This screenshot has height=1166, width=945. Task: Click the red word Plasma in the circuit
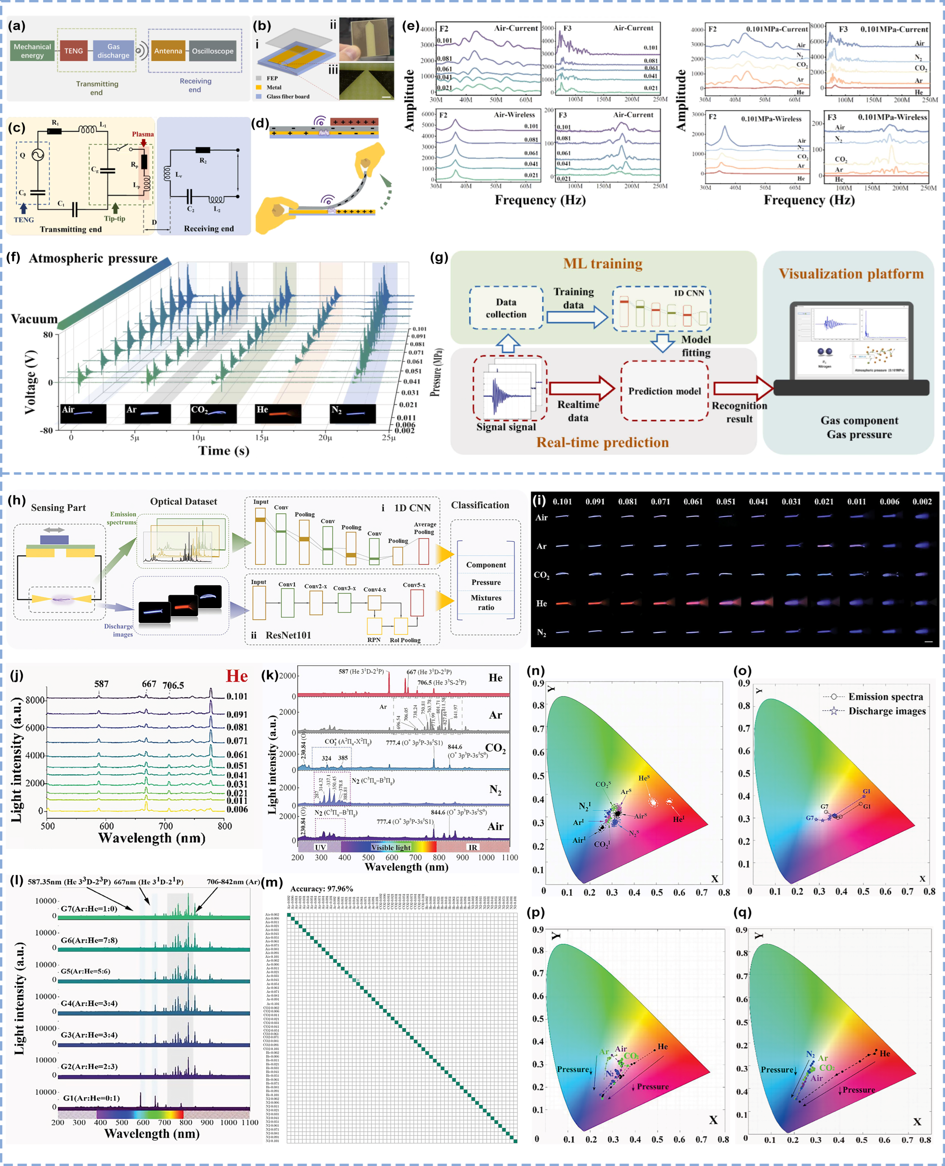pos(143,134)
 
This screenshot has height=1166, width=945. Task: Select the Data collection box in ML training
pos(506,308)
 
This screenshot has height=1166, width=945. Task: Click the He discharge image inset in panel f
pos(278,413)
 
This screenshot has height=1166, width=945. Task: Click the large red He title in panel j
pos(237,676)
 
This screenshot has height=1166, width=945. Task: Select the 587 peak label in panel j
pos(101,684)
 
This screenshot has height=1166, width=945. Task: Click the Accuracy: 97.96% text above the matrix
pos(321,889)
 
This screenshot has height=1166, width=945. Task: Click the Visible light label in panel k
pos(391,847)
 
